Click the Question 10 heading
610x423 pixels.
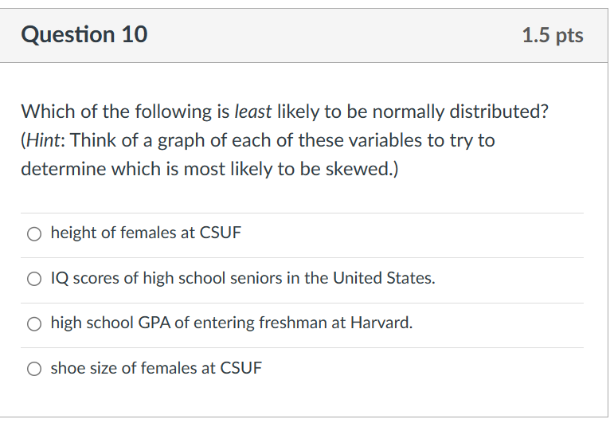coord(84,35)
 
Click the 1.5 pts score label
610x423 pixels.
coord(553,36)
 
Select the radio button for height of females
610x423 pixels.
coord(33,234)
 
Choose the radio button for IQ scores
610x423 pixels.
coord(33,279)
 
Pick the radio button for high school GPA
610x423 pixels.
coord(33,324)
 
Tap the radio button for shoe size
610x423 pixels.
coord(33,369)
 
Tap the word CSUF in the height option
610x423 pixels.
coord(221,233)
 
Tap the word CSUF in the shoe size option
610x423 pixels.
coord(241,368)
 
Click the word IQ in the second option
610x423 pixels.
coord(58,279)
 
